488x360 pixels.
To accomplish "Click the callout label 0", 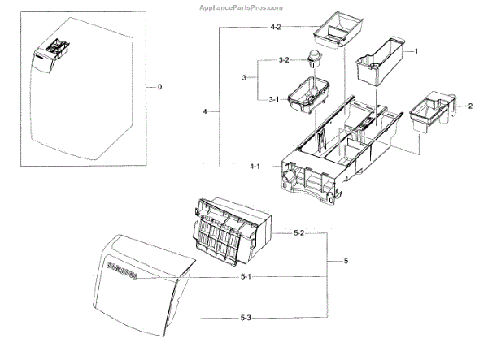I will click(159, 86).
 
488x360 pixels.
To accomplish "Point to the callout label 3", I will click(242, 77).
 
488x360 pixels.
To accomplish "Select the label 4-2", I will click(253, 28).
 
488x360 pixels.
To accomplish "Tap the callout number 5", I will click(346, 261).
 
